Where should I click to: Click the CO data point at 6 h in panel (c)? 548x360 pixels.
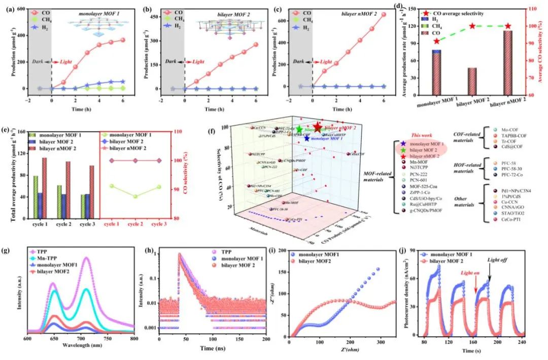[x=384, y=14]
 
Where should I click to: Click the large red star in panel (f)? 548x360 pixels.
[x=318, y=127]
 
